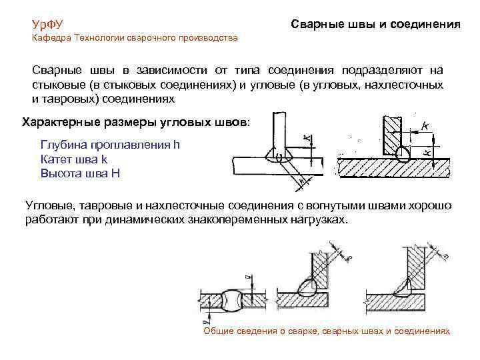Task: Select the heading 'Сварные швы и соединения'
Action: pos(375,24)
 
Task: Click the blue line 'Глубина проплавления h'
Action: pos(110,145)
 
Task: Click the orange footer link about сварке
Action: pos(326,331)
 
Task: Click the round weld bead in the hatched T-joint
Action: pos(402,153)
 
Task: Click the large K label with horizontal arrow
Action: pos(425,125)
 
